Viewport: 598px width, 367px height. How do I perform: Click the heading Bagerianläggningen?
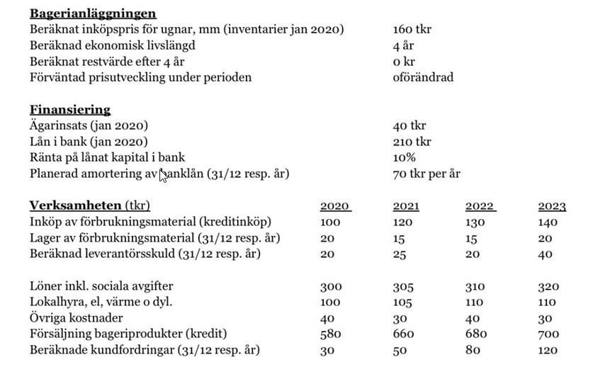(x=93, y=13)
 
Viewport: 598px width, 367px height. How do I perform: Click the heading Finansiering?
(x=70, y=110)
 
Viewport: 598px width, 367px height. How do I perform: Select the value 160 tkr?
(x=412, y=30)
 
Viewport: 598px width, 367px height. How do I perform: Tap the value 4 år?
(x=403, y=45)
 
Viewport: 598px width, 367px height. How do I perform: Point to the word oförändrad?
(x=423, y=77)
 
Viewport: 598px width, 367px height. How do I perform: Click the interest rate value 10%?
(x=404, y=157)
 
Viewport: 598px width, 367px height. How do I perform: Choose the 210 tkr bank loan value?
(x=412, y=142)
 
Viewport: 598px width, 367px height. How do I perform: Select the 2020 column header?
(x=334, y=206)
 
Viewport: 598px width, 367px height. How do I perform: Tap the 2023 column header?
(x=552, y=206)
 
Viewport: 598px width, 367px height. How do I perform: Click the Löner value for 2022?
(x=475, y=286)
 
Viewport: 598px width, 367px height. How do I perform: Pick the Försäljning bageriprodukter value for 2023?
(x=548, y=334)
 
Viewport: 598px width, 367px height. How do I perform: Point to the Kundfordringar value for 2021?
(x=402, y=350)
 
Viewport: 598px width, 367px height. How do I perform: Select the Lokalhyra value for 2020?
(x=330, y=302)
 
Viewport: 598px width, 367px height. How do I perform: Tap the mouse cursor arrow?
(x=162, y=174)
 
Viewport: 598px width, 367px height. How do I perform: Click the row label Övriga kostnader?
(x=76, y=318)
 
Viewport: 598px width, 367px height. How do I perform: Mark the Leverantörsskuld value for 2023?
(x=545, y=254)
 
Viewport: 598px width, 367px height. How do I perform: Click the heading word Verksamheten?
(x=75, y=206)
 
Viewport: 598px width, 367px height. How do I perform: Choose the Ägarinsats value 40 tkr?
(x=409, y=125)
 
